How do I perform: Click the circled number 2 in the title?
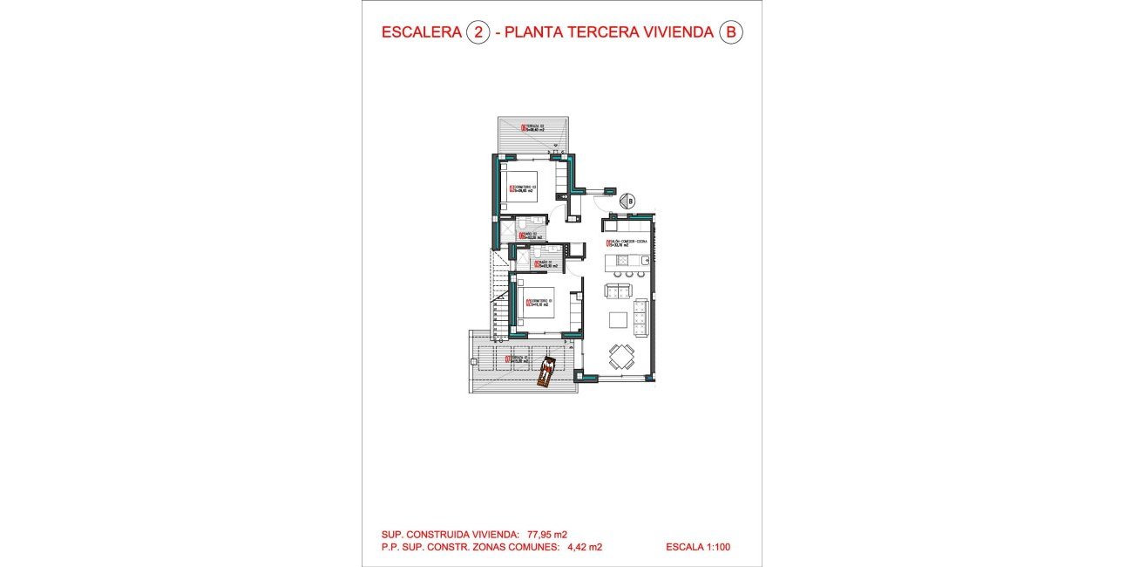478,33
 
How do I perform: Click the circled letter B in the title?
730,33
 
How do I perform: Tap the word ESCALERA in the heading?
422,33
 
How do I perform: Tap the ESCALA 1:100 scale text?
697,548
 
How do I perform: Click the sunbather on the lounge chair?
546,370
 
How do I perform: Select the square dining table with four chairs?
621,355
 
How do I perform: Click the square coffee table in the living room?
618,318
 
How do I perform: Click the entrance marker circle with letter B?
630,200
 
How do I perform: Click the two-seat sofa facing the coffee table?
618,291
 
